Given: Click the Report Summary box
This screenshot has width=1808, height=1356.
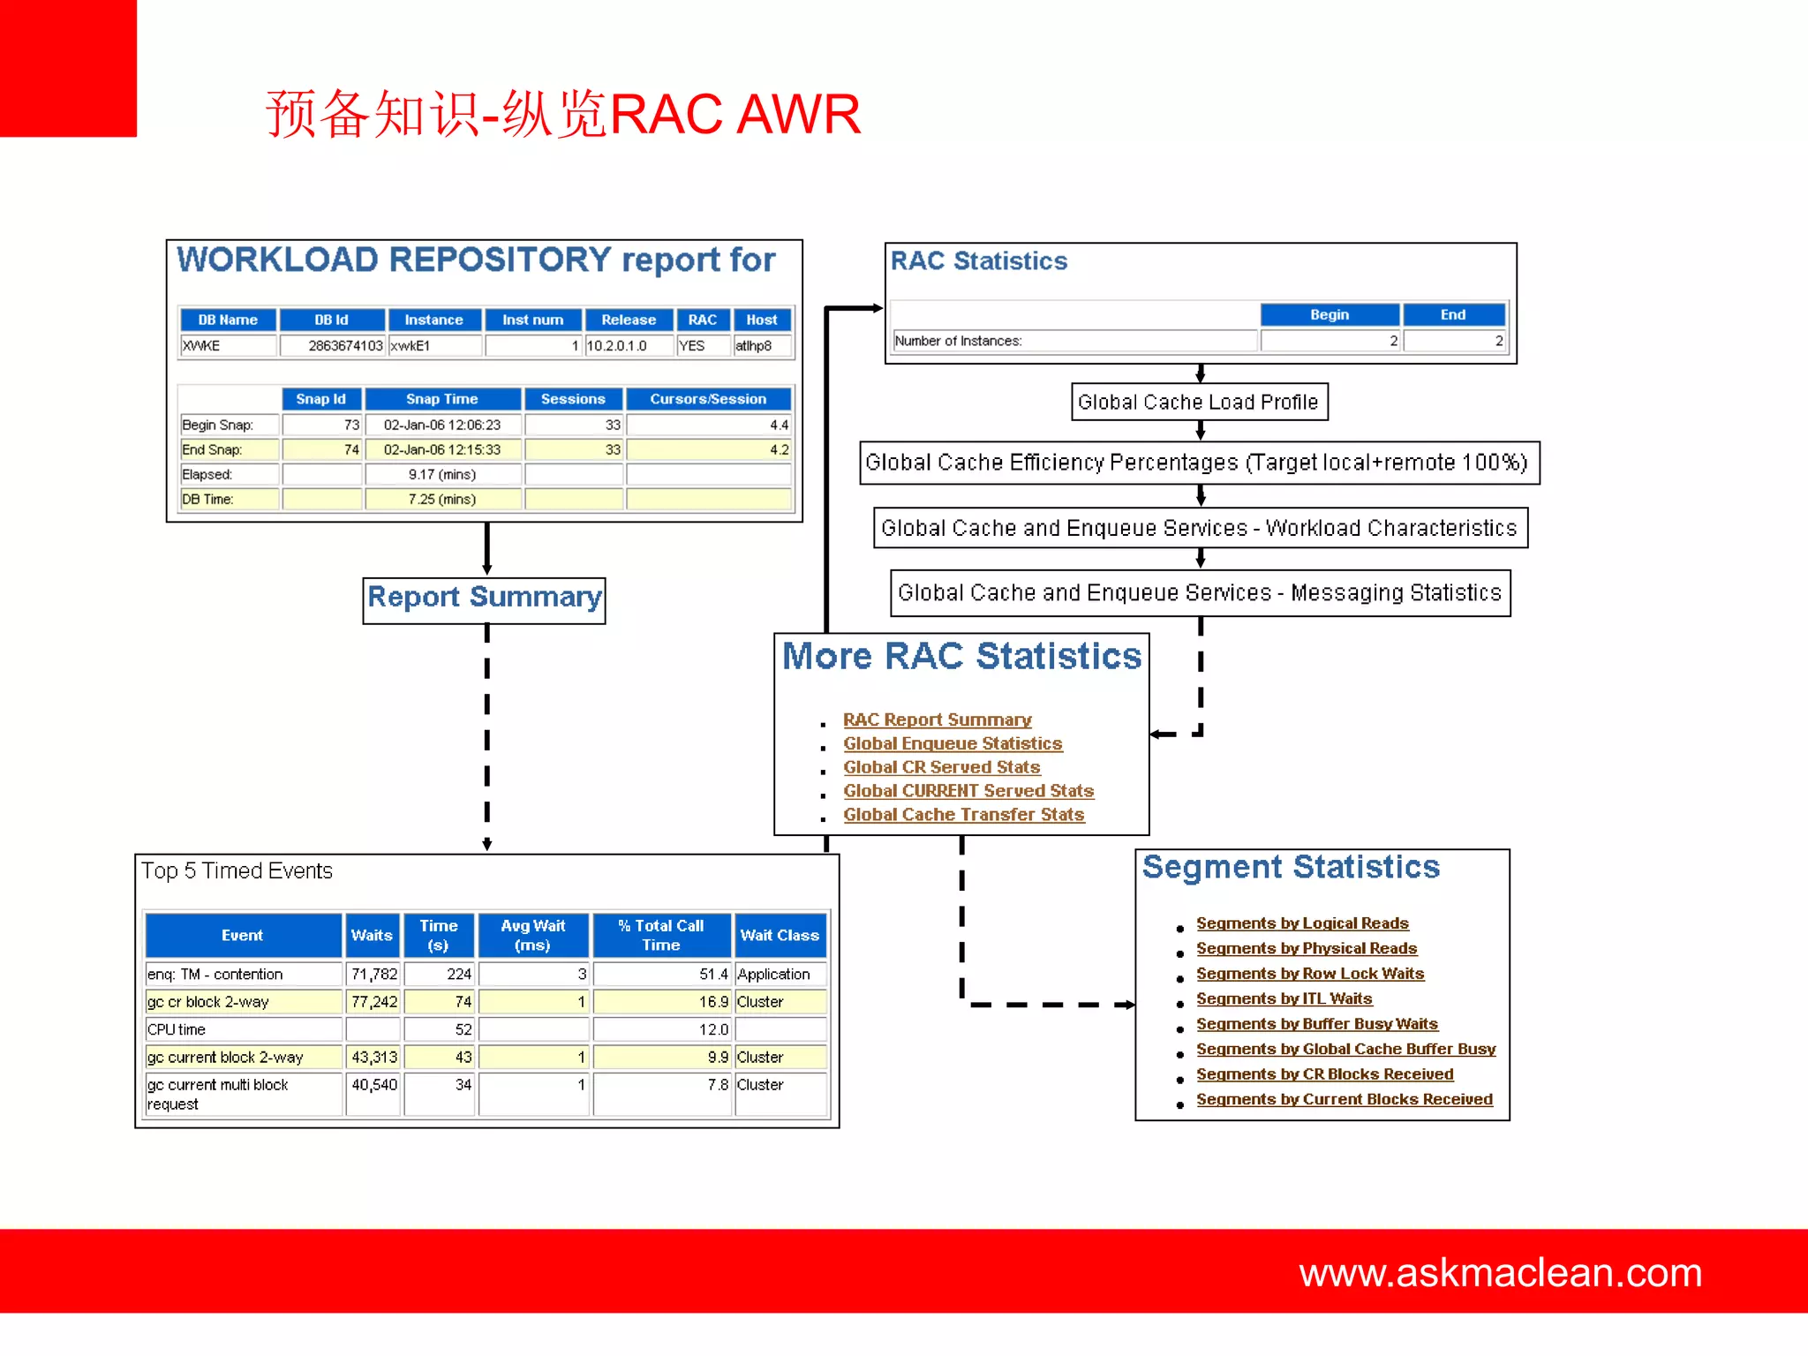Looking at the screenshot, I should tap(484, 599).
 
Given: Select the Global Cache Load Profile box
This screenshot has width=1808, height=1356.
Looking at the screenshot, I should tap(1198, 403).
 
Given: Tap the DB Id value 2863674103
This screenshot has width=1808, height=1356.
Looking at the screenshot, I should tap(344, 346).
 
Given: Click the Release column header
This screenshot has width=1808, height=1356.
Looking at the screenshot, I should tap(629, 320).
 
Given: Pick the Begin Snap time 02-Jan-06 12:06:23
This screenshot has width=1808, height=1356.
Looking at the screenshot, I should tap(441, 425).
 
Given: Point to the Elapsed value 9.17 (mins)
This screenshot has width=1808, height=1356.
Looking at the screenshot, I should tap(441, 474).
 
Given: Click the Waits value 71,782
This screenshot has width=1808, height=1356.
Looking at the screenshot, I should tap(374, 974).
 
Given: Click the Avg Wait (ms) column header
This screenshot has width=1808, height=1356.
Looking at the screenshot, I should tap(532, 935).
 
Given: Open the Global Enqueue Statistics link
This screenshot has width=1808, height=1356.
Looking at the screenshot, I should tap(952, 743).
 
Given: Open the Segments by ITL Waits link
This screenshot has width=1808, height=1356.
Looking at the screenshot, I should tap(1284, 998).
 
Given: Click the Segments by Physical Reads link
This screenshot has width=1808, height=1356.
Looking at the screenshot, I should tap(1306, 948).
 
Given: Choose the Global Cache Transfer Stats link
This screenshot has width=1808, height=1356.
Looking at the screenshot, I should tap(963, 815).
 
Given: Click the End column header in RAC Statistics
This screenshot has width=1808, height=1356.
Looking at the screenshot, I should tap(1452, 314).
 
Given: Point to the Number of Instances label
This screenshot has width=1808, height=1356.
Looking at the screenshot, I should tap(958, 341).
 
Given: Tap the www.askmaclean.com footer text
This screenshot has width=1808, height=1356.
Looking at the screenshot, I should tap(1499, 1272).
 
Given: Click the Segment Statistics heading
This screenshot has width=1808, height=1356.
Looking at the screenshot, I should tap(1290, 867).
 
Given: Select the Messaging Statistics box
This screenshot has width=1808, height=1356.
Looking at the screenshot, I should tap(1199, 592).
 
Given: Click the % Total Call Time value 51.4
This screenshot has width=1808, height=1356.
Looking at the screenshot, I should tap(712, 974).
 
